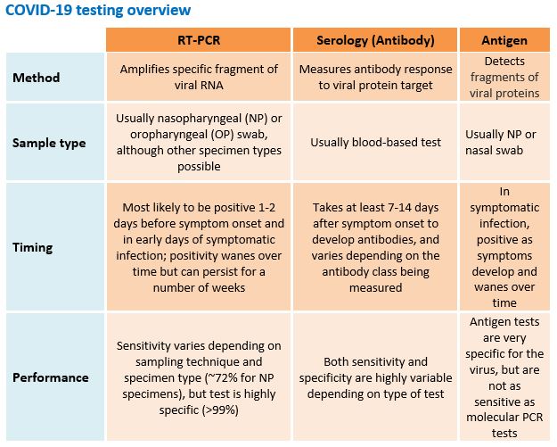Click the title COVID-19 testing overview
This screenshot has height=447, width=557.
[x=96, y=11]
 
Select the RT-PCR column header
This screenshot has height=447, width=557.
[x=197, y=41]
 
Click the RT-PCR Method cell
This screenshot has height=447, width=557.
[x=197, y=78]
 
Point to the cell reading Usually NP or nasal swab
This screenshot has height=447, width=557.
[x=503, y=142]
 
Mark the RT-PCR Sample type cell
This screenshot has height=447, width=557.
[x=197, y=142]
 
